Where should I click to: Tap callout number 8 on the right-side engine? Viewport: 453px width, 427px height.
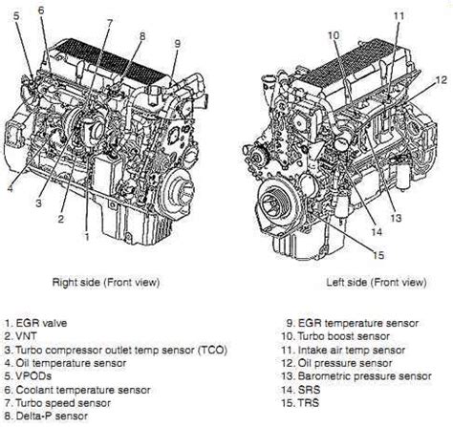141,35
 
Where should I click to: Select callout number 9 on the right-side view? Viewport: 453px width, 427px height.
177,43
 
